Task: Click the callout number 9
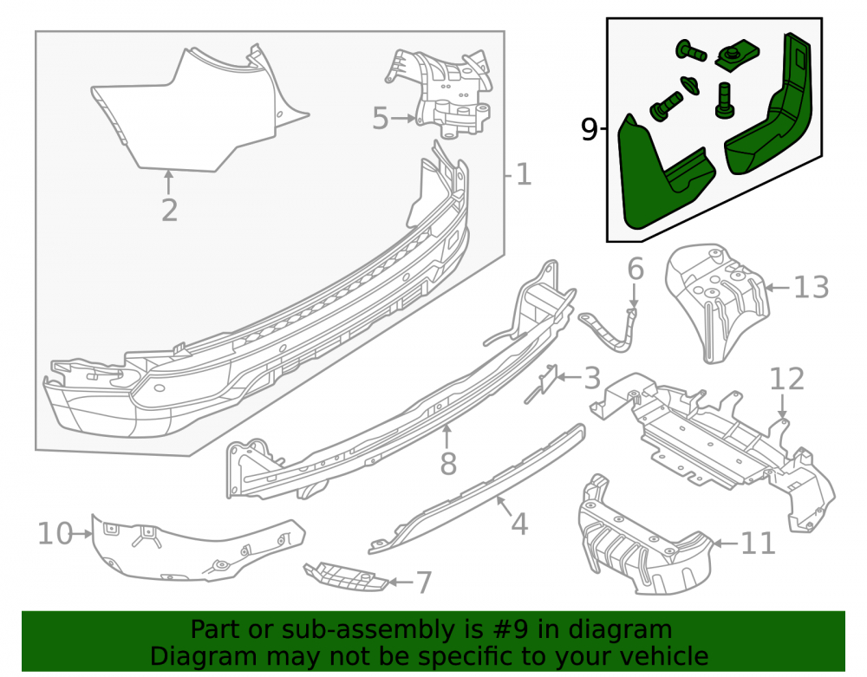(x=590, y=130)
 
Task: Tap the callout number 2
(x=170, y=211)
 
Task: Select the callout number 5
(x=381, y=119)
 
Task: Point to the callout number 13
(x=812, y=288)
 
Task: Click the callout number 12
(x=787, y=379)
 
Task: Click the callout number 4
(x=519, y=524)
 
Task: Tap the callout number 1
(x=523, y=174)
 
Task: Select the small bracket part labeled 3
(x=543, y=383)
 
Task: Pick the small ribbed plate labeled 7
(x=346, y=576)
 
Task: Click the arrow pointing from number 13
(x=778, y=288)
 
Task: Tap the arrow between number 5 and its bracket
(x=403, y=118)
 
